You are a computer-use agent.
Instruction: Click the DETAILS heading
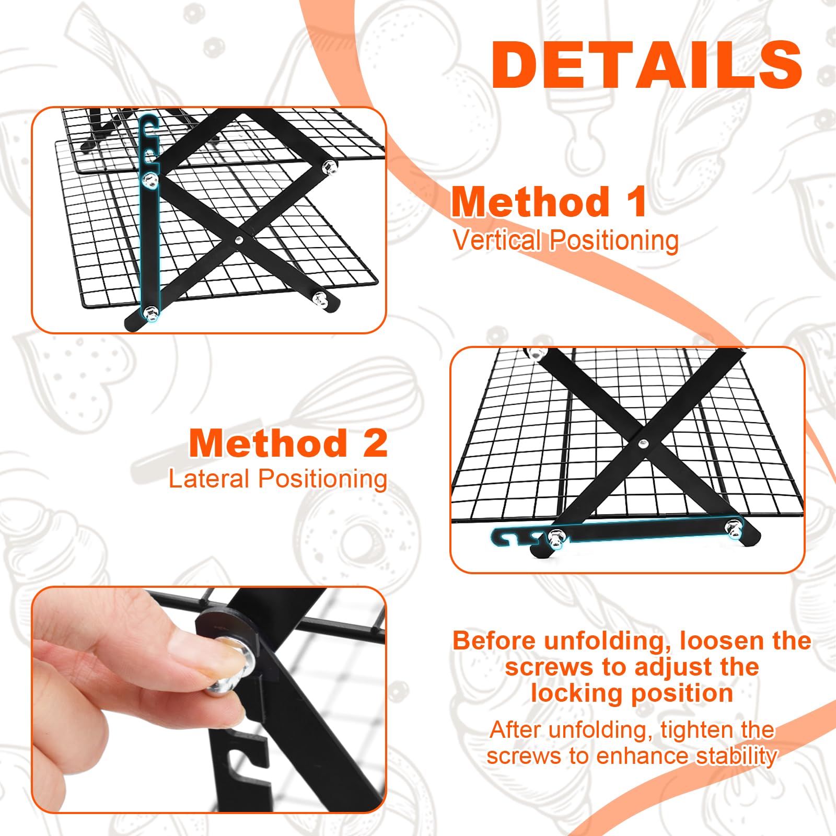point(647,65)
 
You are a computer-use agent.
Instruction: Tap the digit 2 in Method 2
point(375,443)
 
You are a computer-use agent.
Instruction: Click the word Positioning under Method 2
point(323,480)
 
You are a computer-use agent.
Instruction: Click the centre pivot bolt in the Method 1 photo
point(238,240)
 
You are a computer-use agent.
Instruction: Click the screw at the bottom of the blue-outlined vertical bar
point(150,313)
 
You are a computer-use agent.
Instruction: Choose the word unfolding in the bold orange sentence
point(608,641)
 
